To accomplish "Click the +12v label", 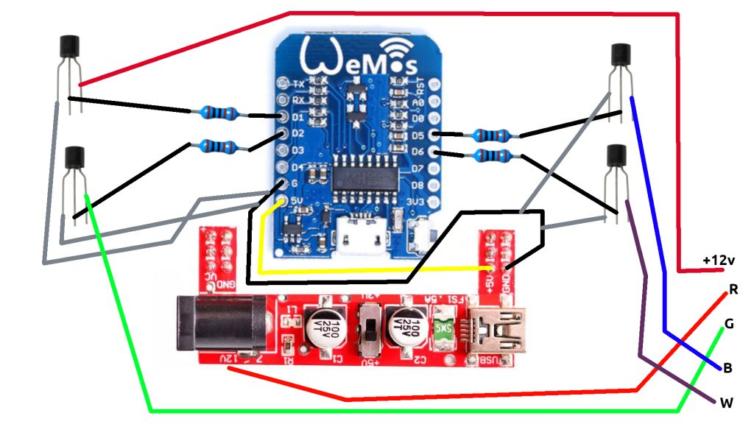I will [719, 260].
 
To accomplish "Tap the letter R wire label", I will [733, 289].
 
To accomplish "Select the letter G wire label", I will [729, 323].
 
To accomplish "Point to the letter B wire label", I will [727, 367].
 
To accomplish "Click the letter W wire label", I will [727, 402].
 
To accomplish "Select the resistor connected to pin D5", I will [491, 135].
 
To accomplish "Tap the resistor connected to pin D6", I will [491, 155].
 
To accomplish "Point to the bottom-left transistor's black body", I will [75, 157].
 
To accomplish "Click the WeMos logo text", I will [353, 55].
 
